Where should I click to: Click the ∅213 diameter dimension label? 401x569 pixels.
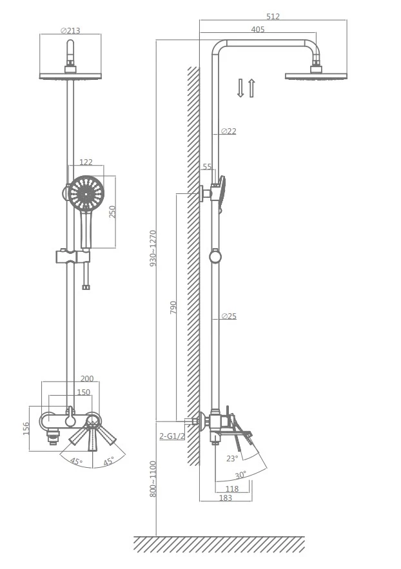point(70,30)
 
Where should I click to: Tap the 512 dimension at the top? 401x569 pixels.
point(273,16)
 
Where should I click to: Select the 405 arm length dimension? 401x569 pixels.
point(258,30)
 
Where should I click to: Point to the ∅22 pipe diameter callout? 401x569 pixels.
point(229,131)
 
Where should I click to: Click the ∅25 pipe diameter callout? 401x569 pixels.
point(229,316)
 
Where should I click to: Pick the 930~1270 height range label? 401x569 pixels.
point(153,248)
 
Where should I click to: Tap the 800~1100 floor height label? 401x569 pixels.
point(153,479)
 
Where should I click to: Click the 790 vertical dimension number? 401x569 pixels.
point(173,307)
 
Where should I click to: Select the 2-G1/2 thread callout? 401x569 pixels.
point(172,436)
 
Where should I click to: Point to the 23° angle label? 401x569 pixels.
point(232,459)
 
